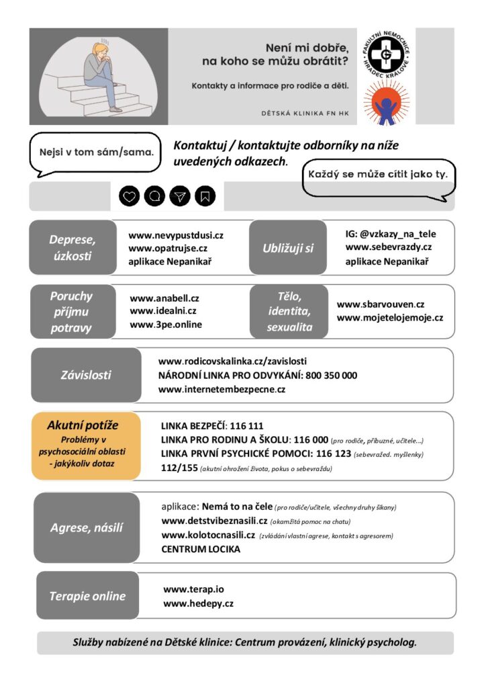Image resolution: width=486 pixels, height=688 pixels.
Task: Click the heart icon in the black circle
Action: [130, 196]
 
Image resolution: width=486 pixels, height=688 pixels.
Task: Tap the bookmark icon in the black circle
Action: [205, 196]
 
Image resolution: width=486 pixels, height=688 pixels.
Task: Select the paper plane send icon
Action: [180, 196]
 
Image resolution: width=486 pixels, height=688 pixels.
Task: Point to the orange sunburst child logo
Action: [386, 102]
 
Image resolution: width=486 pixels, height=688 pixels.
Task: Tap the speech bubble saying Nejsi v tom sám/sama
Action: [97, 151]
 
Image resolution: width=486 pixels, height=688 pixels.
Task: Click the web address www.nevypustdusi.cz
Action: [176, 235]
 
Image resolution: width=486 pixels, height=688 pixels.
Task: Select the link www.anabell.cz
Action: [164, 298]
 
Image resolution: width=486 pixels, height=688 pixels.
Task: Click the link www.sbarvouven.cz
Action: [381, 304]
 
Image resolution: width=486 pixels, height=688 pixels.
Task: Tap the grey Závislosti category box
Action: [86, 375]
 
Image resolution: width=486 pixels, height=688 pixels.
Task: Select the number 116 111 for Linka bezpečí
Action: [247, 426]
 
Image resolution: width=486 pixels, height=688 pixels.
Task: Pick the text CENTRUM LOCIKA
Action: [201, 549]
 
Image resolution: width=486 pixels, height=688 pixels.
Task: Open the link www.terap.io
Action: [193, 589]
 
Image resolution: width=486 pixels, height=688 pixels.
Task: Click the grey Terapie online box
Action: [87, 596]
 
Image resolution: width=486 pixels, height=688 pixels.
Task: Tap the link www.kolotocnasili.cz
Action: [208, 535]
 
